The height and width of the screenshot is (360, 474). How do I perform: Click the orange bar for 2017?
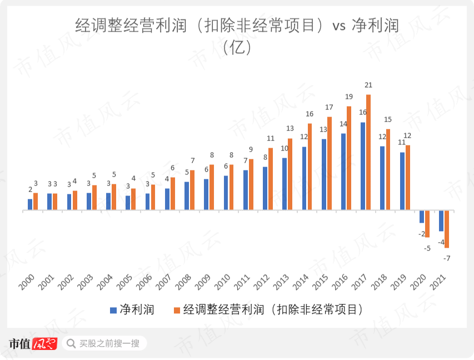[368, 152]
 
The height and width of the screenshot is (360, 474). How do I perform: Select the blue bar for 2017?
[363, 166]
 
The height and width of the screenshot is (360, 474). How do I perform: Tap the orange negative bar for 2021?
[447, 229]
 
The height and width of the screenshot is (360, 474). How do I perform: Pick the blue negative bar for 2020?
[422, 217]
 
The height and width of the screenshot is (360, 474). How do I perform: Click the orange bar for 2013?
[290, 174]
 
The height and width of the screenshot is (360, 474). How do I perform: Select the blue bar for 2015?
[323, 174]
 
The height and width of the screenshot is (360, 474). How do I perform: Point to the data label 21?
[368, 85]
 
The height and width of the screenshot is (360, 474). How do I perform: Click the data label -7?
[447, 258]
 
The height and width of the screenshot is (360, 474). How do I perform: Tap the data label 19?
[349, 97]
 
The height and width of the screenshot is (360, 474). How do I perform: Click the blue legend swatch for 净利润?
[113, 309]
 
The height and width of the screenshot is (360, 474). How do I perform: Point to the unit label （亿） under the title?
[237, 48]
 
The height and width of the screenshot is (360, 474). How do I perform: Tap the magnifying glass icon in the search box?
[71, 343]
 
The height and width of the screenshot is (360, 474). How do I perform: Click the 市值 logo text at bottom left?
[20, 343]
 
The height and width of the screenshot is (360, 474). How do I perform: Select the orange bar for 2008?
[192, 190]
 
